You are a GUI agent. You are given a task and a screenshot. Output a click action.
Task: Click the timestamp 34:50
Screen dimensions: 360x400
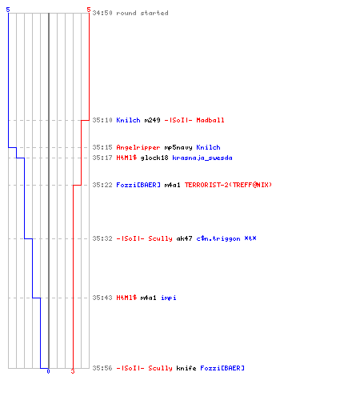click(102, 13)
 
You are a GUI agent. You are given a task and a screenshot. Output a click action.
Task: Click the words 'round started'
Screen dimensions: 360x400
click(142, 13)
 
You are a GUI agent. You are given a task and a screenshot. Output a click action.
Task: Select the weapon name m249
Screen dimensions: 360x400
click(153, 120)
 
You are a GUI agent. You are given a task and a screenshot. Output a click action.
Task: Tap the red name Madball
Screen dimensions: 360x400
click(210, 120)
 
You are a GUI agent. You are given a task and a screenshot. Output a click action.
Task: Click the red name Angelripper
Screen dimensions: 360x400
click(138, 147)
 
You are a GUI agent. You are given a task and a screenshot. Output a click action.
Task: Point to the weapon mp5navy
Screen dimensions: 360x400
click(178, 148)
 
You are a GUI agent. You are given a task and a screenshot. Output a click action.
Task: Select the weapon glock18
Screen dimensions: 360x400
click(154, 158)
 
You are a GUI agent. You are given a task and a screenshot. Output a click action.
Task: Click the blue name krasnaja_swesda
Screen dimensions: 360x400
click(202, 158)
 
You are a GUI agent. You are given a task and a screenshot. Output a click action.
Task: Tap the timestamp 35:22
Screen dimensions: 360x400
click(102, 185)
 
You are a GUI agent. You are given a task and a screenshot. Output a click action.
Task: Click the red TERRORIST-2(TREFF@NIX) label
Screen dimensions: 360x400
click(228, 185)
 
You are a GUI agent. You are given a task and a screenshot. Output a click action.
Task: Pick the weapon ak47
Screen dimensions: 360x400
click(185, 238)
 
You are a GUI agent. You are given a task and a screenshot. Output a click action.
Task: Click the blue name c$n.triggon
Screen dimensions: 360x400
click(218, 238)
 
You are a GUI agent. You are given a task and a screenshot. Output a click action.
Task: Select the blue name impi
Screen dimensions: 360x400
click(169, 298)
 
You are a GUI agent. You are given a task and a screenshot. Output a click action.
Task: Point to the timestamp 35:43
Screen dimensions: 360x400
click(102, 298)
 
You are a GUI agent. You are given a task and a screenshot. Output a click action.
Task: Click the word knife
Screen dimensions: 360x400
click(186, 368)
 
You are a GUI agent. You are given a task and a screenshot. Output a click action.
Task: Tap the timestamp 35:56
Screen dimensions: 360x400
click(102, 368)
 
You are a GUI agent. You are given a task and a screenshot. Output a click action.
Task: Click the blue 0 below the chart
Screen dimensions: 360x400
click(48, 371)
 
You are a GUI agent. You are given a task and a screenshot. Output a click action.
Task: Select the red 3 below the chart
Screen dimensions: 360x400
click(73, 371)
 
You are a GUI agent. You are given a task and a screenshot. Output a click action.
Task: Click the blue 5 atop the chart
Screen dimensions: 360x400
click(8, 10)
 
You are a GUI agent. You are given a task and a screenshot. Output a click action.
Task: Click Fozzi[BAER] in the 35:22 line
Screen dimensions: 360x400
click(138, 185)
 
